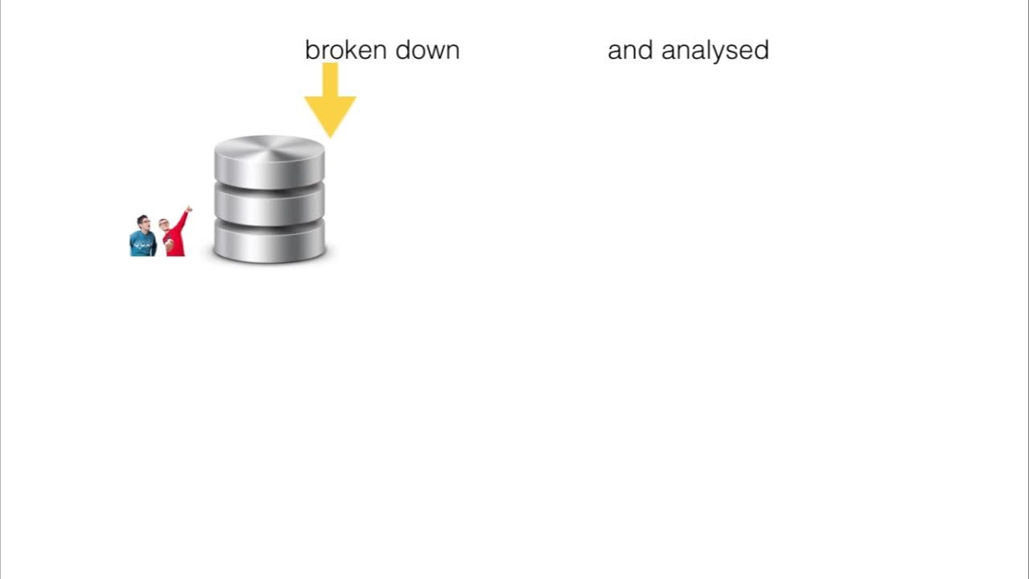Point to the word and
coord(630,50)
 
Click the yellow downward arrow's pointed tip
coord(330,133)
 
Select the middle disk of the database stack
coord(269,206)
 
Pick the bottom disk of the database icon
coord(269,243)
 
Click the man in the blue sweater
coord(142,238)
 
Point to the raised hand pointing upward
coord(189,208)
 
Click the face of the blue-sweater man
coord(143,223)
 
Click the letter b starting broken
coord(311,50)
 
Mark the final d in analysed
coord(761,50)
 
